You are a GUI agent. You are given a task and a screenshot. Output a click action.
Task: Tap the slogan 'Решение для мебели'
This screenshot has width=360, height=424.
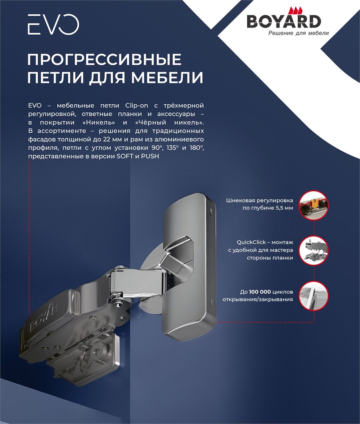coord(299,33)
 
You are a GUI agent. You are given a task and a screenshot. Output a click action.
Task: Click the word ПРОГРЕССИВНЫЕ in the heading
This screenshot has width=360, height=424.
coord(104,59)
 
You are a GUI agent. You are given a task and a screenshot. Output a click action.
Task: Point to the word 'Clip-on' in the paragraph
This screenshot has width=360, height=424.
coord(137,105)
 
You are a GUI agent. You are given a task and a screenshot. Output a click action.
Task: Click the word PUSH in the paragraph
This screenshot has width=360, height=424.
coord(150,156)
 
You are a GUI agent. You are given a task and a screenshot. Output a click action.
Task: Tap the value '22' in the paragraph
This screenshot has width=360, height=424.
coord(106,139)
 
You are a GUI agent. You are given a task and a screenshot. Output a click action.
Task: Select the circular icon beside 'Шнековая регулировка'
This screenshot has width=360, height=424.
coord(314,205)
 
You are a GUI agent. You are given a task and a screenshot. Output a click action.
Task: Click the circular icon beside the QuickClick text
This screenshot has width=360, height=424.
coord(314,250)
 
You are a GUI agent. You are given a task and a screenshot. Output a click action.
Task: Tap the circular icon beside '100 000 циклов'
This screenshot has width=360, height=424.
coord(314,296)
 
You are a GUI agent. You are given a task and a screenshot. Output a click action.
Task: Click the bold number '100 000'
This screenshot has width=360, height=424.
coord(260,292)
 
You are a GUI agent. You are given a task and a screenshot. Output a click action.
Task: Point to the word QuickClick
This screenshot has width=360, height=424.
coord(251,242)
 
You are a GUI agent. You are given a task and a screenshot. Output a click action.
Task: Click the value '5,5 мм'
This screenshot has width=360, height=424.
coord(284,208)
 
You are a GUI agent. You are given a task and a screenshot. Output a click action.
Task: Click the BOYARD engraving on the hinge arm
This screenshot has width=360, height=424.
coord(45,317)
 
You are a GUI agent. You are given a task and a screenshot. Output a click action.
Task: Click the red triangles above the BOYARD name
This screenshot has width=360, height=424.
coord(295,10)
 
